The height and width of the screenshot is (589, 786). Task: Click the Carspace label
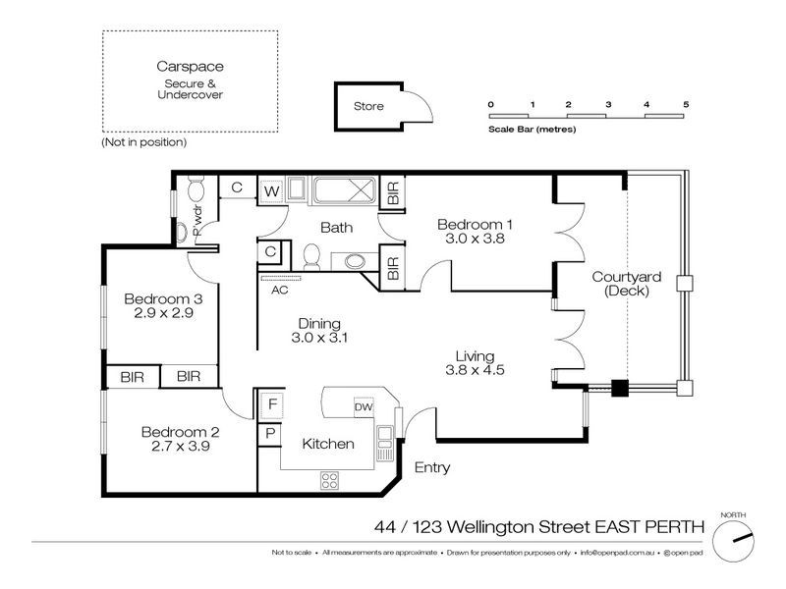190,67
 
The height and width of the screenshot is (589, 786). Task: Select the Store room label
368,106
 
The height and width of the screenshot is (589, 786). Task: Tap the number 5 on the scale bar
686,105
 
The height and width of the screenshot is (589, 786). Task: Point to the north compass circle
733,541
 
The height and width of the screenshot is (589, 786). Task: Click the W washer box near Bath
271,191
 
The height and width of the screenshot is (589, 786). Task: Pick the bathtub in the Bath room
345,190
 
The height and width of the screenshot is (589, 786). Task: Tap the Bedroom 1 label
475,225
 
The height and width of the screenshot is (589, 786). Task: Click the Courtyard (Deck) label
627,284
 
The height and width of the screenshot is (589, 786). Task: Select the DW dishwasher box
364,407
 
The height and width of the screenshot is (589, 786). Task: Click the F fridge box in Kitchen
272,404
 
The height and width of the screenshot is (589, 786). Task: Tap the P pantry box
270,433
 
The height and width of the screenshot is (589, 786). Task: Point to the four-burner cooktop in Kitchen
329,481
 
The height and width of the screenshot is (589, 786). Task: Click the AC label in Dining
280,290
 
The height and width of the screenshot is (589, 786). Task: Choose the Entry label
432,468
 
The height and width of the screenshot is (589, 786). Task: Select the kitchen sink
385,439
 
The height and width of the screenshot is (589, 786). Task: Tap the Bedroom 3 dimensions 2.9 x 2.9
163,313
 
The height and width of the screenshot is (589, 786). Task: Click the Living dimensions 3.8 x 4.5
475,370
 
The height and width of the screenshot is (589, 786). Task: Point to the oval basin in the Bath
356,261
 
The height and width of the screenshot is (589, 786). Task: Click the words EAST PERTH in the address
649,527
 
